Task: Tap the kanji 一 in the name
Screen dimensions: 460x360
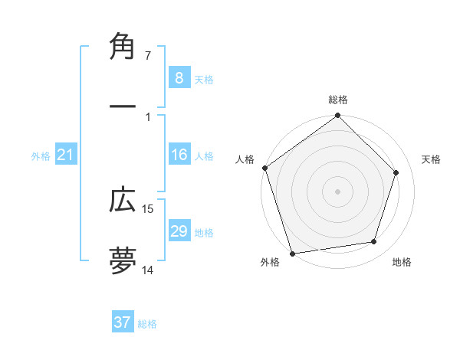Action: [123, 106]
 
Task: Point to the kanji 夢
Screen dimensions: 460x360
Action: [123, 259]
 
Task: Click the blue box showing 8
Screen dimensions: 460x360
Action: [179, 77]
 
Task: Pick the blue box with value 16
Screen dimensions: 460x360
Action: [179, 155]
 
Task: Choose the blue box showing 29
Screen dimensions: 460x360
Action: [179, 231]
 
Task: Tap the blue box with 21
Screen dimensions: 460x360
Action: [65, 155]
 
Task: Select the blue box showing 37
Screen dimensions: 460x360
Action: [123, 322]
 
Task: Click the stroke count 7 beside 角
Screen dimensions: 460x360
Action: [147, 56]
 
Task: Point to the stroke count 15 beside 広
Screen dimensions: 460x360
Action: [148, 208]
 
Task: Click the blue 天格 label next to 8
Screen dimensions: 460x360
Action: [204, 79]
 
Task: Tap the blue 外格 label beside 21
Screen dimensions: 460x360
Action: [41, 156]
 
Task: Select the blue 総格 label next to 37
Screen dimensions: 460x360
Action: [147, 324]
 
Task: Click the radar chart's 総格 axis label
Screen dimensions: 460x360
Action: [337, 100]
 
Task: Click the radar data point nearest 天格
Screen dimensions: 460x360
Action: [396, 172]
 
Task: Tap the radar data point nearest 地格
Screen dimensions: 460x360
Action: [374, 242]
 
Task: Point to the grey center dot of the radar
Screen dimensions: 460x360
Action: [337, 191]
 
